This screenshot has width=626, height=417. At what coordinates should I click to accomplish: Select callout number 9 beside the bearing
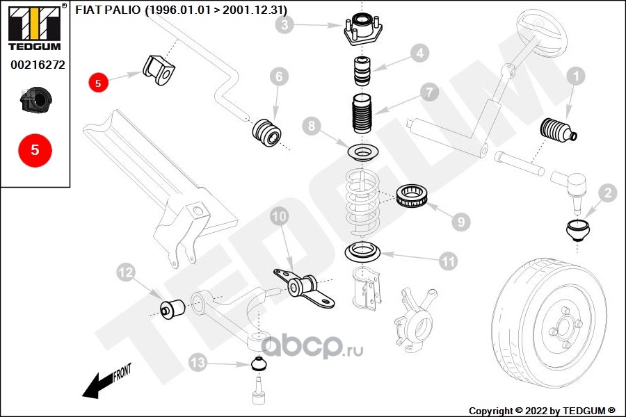459,222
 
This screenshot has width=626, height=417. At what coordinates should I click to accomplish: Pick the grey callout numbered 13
198,362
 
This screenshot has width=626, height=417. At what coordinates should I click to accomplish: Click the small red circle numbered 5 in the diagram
98,82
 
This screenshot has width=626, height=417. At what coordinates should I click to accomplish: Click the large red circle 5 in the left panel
35,149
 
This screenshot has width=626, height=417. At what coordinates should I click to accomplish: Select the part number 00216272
38,66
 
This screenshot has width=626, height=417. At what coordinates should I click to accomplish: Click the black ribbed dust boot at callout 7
362,116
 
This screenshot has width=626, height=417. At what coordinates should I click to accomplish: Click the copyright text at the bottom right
542,410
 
